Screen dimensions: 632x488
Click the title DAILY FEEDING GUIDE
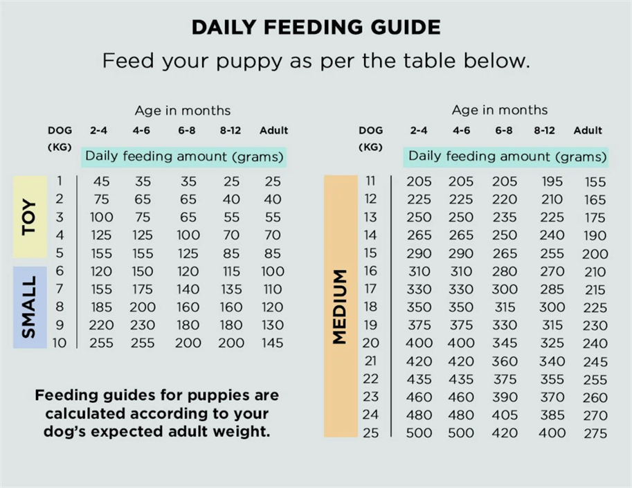click(316, 27)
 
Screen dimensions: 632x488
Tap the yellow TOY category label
click(30, 217)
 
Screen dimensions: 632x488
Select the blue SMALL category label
click(30, 307)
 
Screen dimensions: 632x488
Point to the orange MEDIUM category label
click(341, 306)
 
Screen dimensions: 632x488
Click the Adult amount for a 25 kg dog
click(595, 433)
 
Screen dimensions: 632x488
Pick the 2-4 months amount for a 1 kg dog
click(101, 181)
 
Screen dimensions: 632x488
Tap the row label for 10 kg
click(60, 343)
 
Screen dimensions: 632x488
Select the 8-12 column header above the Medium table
click(544, 131)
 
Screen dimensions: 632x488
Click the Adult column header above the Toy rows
click(273, 131)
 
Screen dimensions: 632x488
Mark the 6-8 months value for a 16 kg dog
click(505, 271)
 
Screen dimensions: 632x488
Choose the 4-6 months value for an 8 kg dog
click(143, 307)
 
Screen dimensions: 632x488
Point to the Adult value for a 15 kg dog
click(595, 254)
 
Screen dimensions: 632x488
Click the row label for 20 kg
click(370, 343)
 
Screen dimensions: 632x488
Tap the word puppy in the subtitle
click(249, 62)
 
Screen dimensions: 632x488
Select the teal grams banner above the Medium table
click(506, 156)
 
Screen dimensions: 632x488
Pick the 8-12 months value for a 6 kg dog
click(231, 271)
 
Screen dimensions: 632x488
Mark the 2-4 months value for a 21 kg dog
click(419, 361)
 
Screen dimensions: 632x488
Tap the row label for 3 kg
click(60, 217)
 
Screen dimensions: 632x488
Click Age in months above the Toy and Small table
click(183, 111)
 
